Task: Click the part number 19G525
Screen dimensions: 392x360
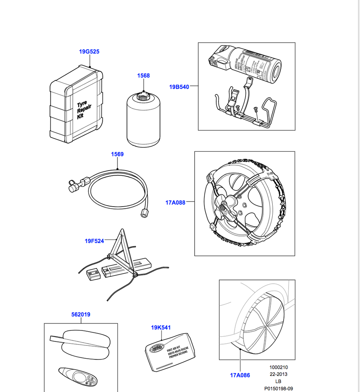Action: [x=89, y=52]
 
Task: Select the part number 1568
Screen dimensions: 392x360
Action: [x=143, y=76]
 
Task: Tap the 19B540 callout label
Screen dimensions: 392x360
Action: [x=179, y=87]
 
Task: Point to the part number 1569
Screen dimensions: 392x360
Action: [x=117, y=154]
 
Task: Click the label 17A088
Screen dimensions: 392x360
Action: [x=175, y=203]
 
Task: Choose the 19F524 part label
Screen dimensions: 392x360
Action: [x=94, y=241]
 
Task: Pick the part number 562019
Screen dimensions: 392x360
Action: [x=81, y=314]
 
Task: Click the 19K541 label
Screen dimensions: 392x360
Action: [x=161, y=328]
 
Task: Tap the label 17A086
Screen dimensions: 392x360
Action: [x=240, y=375]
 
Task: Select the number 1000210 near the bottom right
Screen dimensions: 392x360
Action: [x=279, y=367]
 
